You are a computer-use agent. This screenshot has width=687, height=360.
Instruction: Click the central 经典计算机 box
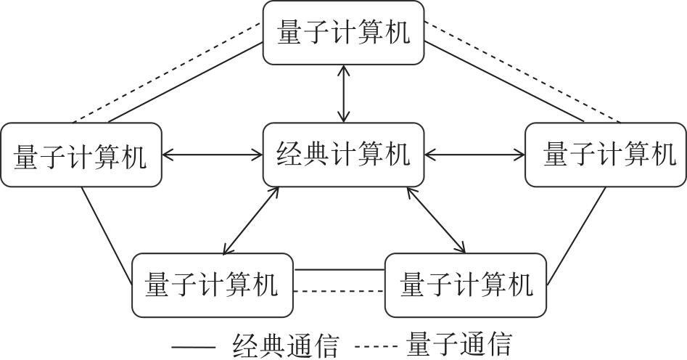coord(343,154)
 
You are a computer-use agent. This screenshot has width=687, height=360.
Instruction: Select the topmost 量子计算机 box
coord(343,33)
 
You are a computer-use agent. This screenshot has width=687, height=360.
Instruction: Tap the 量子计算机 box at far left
coord(81,155)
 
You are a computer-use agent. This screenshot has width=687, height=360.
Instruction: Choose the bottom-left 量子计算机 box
coord(212,285)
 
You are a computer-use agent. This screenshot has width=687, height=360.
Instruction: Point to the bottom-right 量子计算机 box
coord(466,285)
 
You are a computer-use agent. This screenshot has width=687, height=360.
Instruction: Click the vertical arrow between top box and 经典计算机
coord(343,93)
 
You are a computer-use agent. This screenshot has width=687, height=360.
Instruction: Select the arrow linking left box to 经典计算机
coord(212,154)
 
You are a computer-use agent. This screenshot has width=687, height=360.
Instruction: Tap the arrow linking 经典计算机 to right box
coord(475,154)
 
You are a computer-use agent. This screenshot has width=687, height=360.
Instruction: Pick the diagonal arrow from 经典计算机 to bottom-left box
coord(251,220)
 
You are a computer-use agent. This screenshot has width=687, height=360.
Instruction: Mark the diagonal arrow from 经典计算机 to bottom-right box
coord(436,220)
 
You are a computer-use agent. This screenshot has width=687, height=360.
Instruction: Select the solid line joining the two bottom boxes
coord(339,270)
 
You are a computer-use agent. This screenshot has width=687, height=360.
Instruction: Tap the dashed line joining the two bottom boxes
coord(339,292)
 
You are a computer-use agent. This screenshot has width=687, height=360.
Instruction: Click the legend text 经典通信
coord(285,344)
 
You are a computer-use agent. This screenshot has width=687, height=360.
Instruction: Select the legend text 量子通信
coord(459,344)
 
